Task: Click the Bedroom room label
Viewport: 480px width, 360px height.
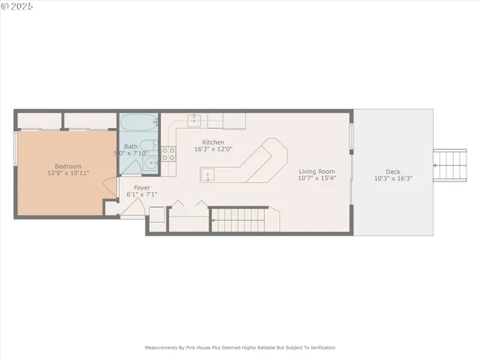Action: pyautogui.click(x=67, y=166)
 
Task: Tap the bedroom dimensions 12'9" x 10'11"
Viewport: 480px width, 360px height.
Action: pyautogui.click(x=67, y=173)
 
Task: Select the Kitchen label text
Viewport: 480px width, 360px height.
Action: pyautogui.click(x=214, y=142)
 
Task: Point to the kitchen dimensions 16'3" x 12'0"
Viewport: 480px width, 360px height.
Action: pyautogui.click(x=214, y=149)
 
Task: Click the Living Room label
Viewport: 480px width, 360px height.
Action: pyautogui.click(x=316, y=171)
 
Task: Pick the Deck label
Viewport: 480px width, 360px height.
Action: pyautogui.click(x=393, y=171)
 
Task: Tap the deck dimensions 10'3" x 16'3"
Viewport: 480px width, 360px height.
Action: pyautogui.click(x=393, y=178)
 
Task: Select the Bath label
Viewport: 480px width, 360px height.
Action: pyautogui.click(x=130, y=146)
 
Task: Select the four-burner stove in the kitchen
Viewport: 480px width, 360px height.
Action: pyautogui.click(x=169, y=154)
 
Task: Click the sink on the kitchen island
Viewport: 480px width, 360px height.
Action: pyautogui.click(x=208, y=175)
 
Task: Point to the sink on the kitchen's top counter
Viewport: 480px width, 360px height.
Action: pyautogui.click(x=195, y=119)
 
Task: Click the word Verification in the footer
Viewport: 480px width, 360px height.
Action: pyautogui.click(x=319, y=348)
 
